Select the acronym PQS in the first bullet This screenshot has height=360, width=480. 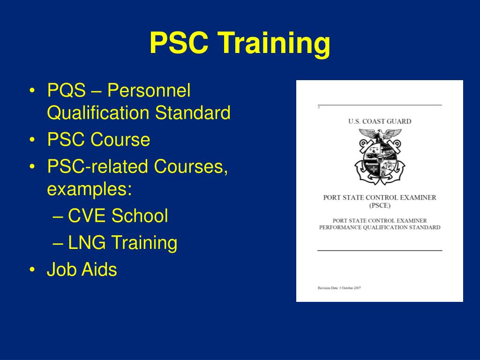tap(66, 90)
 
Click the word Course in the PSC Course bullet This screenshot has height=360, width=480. tap(120, 140)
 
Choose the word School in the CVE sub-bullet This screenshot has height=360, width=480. tap(140, 216)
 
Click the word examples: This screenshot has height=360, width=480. tap(89, 189)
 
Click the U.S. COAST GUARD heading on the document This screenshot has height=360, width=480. tap(379, 121)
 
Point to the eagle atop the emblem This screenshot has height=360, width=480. tap(380, 135)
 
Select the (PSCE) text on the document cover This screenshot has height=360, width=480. tap(379, 205)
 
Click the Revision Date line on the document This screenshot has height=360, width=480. tap(339, 287)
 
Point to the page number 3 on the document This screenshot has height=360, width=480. tap(318, 108)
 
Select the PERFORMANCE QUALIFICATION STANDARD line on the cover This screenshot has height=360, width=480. tap(380, 227)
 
